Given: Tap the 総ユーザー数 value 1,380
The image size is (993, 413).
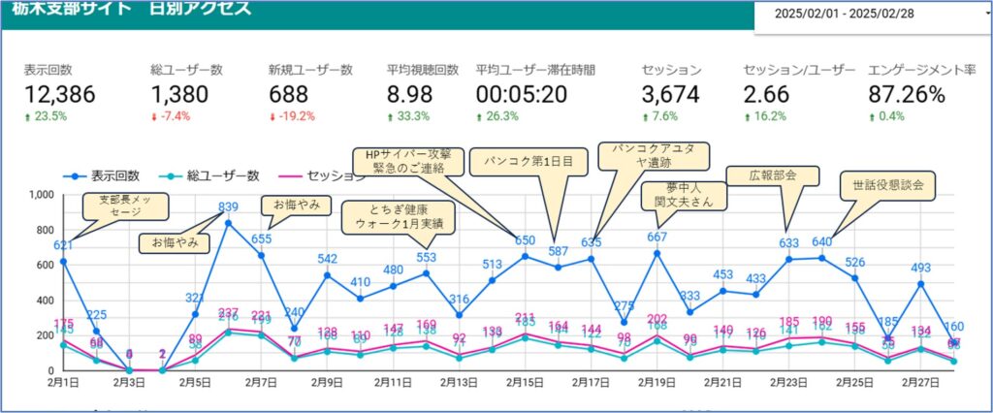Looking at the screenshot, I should [180, 94].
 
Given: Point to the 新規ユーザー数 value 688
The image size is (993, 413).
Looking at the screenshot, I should [289, 94].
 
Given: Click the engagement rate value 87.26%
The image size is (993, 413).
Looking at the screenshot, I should [906, 94].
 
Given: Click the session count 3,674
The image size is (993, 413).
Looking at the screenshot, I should [671, 94].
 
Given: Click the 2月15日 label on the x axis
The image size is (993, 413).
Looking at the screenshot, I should [524, 383].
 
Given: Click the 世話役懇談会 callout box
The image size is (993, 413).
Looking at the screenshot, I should [887, 186].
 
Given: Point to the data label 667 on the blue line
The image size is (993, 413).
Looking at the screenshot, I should [657, 237].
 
